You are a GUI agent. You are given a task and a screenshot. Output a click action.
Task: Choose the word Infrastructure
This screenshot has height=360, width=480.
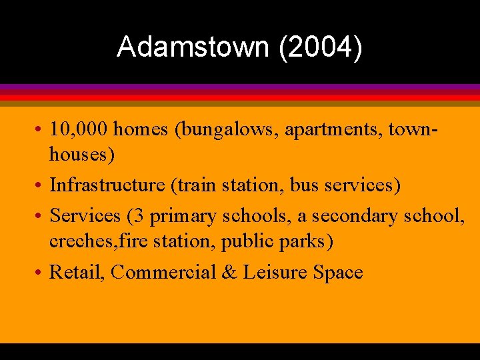[107, 184]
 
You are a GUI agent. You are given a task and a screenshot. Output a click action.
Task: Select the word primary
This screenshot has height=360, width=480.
[183, 216]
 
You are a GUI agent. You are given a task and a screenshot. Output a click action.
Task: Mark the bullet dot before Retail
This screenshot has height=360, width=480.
[41, 273]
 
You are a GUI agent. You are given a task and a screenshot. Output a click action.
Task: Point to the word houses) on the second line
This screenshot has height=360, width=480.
[82, 155]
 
